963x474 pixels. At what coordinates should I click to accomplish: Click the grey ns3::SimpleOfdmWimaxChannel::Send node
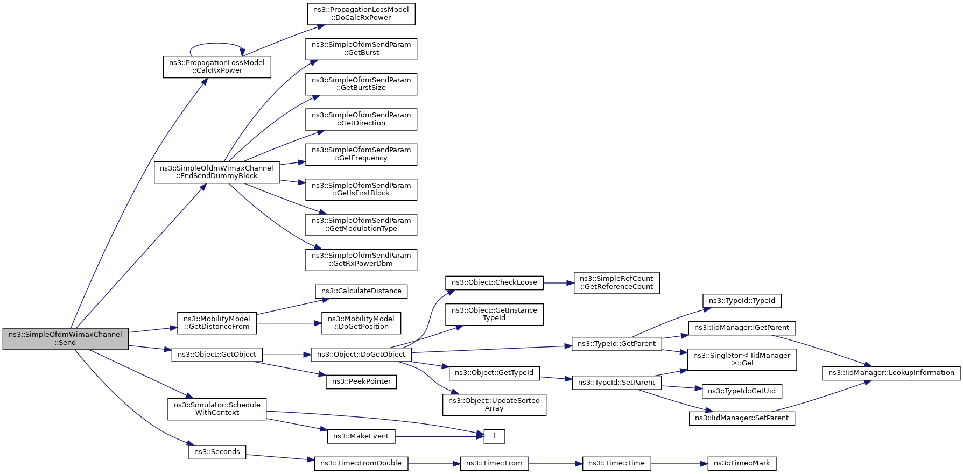click(66, 338)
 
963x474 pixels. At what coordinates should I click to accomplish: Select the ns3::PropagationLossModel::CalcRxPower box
click(217, 67)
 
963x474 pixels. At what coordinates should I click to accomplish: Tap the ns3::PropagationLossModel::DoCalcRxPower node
click(361, 13)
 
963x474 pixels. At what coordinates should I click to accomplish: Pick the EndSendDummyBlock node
click(217, 172)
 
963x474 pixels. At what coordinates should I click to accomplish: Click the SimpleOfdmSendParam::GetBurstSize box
click(361, 84)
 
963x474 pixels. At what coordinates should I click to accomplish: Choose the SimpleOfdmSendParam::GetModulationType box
click(361, 224)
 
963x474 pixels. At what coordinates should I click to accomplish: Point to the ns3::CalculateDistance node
click(361, 291)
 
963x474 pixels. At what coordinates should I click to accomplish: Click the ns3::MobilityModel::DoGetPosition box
click(361, 323)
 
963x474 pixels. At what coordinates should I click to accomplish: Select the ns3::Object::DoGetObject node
click(361, 355)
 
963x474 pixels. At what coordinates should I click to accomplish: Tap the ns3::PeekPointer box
click(361, 381)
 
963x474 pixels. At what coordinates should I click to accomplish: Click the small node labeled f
click(494, 436)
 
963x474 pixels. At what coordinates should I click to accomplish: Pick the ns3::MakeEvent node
click(361, 436)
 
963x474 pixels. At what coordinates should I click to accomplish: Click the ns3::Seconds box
click(217, 452)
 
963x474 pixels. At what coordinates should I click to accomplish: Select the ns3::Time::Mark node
click(742, 463)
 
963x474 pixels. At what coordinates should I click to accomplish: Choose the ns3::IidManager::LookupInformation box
click(891, 373)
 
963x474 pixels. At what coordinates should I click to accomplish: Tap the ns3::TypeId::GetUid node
click(742, 391)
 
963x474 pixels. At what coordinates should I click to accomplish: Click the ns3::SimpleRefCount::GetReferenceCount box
click(616, 282)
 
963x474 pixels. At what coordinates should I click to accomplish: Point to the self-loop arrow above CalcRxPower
click(217, 43)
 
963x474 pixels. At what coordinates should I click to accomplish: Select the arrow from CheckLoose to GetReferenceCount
click(558, 282)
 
